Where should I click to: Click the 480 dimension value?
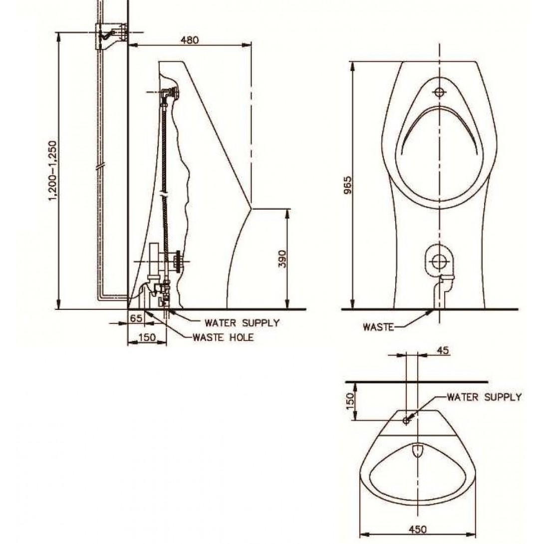click(x=190, y=40)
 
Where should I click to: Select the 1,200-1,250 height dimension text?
click(x=52, y=170)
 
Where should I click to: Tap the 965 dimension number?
click(x=347, y=186)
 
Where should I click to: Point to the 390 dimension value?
click(x=282, y=259)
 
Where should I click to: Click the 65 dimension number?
click(x=135, y=317)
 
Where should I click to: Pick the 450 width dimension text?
click(x=417, y=529)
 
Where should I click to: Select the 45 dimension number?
click(x=443, y=350)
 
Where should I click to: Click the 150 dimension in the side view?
click(x=147, y=337)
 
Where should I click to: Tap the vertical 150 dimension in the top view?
click(x=350, y=401)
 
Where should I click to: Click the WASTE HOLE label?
click(x=223, y=337)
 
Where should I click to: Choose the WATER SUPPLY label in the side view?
click(x=242, y=323)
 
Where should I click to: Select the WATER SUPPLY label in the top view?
click(x=484, y=397)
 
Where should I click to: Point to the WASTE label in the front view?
click(x=378, y=327)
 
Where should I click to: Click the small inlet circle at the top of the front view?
click(x=440, y=92)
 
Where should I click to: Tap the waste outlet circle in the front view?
click(x=439, y=262)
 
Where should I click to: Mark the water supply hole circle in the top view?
click(x=406, y=421)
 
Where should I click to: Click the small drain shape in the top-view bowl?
click(x=417, y=450)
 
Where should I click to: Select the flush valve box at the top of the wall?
click(x=110, y=36)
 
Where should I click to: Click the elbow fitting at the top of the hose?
click(x=170, y=94)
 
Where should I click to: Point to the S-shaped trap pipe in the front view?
click(x=443, y=291)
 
